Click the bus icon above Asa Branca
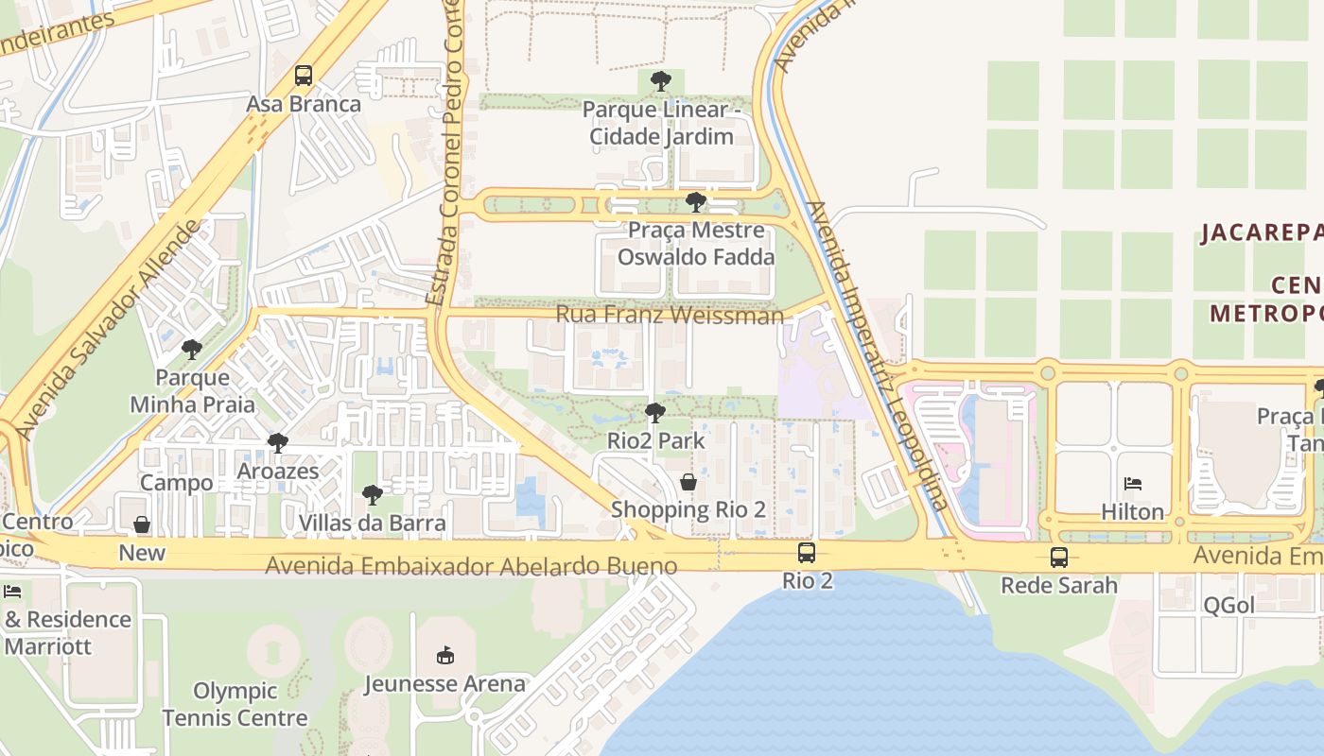click(304, 76)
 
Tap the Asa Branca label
click(304, 104)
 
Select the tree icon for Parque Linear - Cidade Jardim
click(661, 81)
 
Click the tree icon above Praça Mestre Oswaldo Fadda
click(695, 201)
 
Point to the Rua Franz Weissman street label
click(670, 314)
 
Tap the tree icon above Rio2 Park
click(654, 413)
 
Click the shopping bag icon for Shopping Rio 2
click(688, 482)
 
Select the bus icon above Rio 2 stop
click(807, 553)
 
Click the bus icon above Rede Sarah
click(1058, 558)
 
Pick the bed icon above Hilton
click(1132, 485)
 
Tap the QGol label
click(1228, 606)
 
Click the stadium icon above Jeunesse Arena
click(444, 655)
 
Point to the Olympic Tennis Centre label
click(235, 704)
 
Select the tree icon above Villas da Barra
click(372, 495)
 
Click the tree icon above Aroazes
click(277, 442)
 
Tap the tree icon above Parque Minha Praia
click(192, 350)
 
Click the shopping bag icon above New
click(142, 524)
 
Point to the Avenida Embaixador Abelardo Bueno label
click(471, 565)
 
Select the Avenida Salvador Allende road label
click(112, 329)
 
